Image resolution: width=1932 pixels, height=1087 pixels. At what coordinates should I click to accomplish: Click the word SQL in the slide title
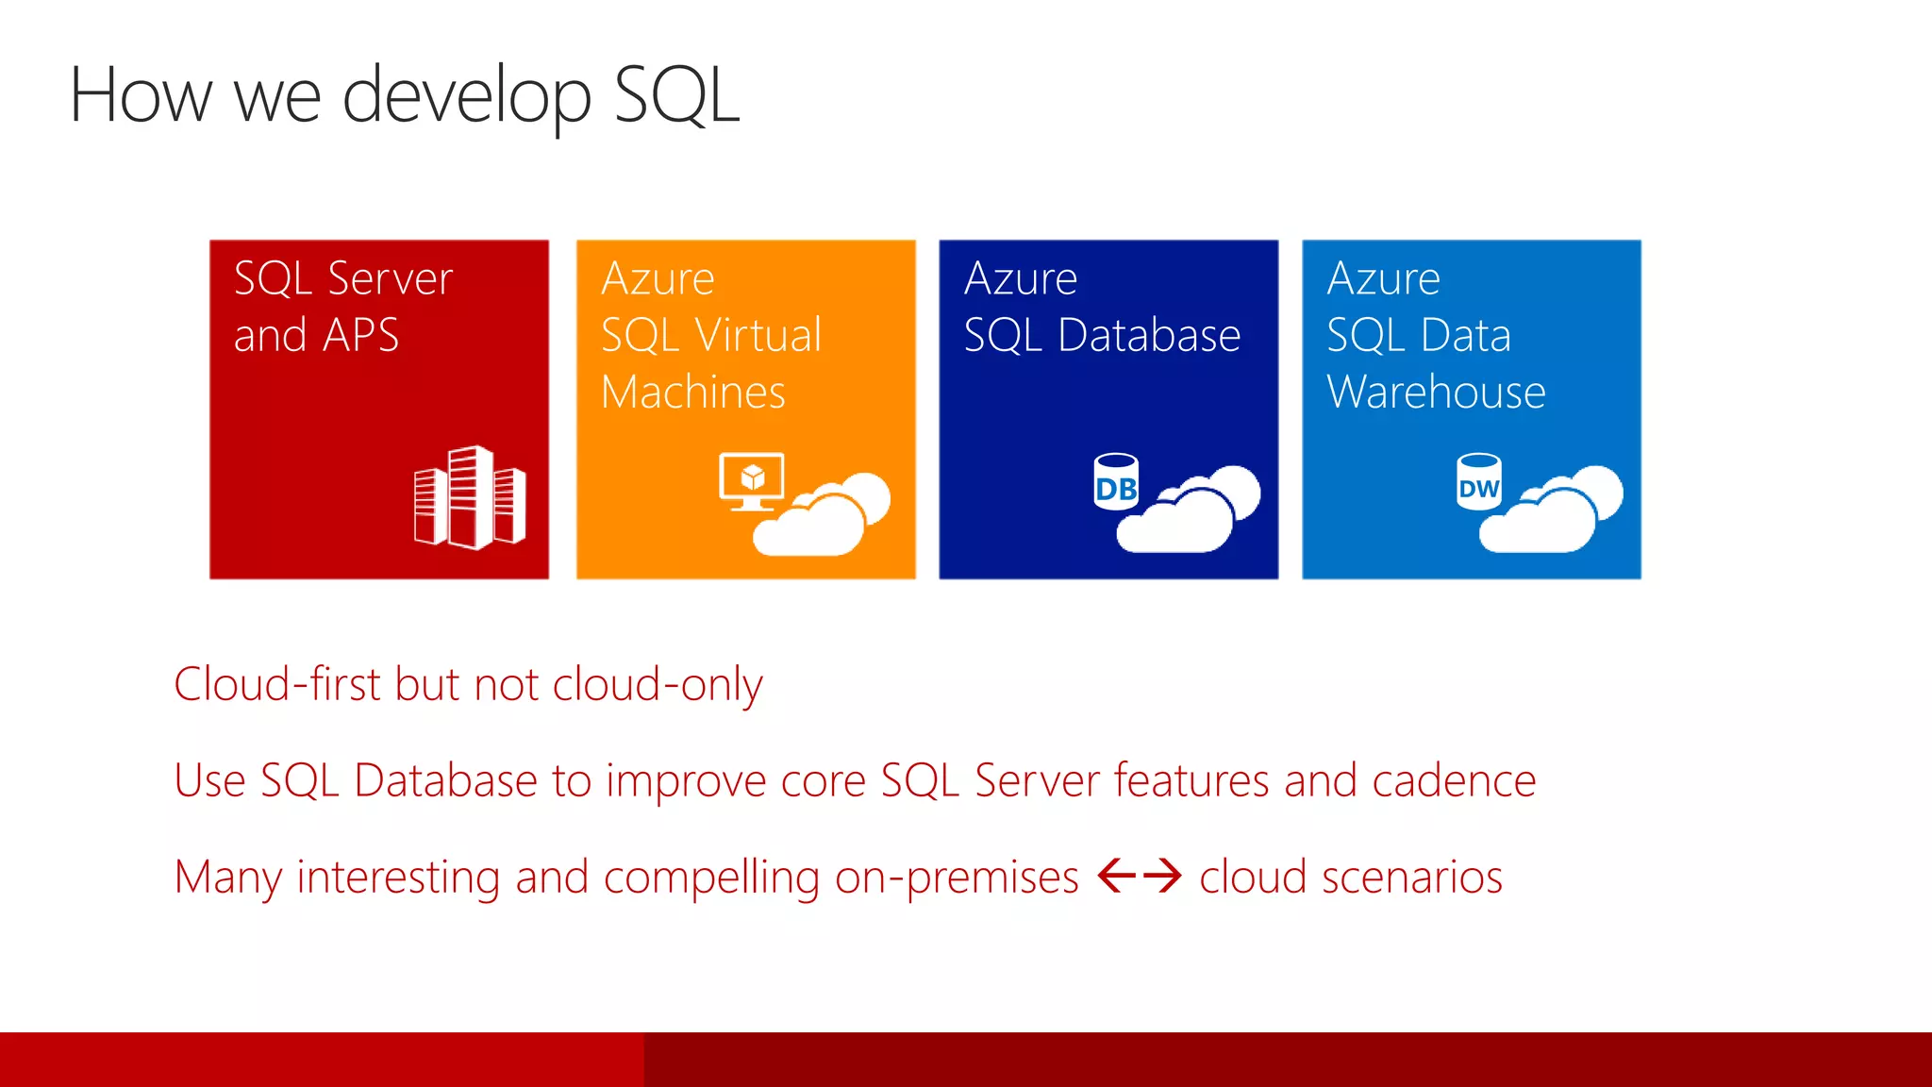[x=676, y=95]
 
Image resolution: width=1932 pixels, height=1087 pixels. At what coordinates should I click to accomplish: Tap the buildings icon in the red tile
[x=470, y=497]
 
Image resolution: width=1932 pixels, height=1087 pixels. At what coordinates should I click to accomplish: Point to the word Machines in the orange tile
[x=693, y=392]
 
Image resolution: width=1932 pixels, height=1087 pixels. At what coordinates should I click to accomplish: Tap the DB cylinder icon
[x=1116, y=482]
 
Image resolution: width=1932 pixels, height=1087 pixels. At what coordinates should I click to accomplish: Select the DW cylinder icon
[x=1478, y=482]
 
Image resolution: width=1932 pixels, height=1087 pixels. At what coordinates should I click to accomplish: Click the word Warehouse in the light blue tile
[x=1436, y=392]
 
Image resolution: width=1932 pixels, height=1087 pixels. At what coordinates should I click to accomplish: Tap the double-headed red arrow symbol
[x=1140, y=876]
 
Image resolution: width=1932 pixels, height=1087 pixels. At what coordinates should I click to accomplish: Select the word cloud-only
[x=658, y=684]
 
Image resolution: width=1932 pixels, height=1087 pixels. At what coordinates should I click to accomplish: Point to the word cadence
[x=1454, y=781]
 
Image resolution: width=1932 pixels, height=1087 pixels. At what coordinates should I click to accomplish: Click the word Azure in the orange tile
[x=658, y=278]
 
